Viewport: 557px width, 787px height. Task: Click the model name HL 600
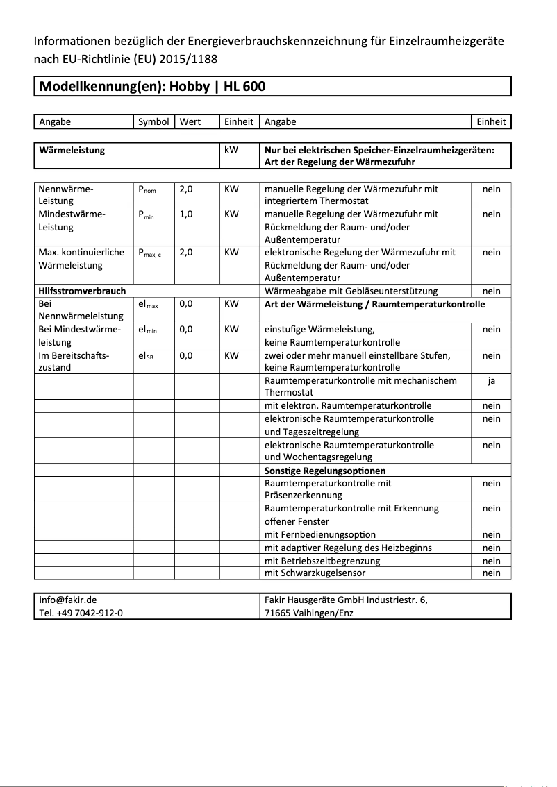click(244, 87)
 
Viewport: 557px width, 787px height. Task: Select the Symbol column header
click(153, 121)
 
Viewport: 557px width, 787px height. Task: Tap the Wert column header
click(190, 121)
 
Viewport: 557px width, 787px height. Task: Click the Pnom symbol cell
click(147, 189)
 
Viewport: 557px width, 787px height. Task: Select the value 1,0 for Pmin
click(186, 214)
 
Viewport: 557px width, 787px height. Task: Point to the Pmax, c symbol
click(150, 253)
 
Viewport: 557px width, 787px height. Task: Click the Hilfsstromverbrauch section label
click(82, 291)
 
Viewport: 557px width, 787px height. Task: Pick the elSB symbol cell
click(146, 356)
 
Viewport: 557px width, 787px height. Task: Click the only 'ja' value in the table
click(491, 380)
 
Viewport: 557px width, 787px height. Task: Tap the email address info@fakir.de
click(68, 600)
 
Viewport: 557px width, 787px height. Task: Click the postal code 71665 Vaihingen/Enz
click(308, 613)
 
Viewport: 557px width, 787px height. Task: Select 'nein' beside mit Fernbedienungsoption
click(491, 534)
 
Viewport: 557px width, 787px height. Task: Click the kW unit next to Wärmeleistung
click(231, 149)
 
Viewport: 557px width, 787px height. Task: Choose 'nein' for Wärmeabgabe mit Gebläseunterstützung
click(491, 291)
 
